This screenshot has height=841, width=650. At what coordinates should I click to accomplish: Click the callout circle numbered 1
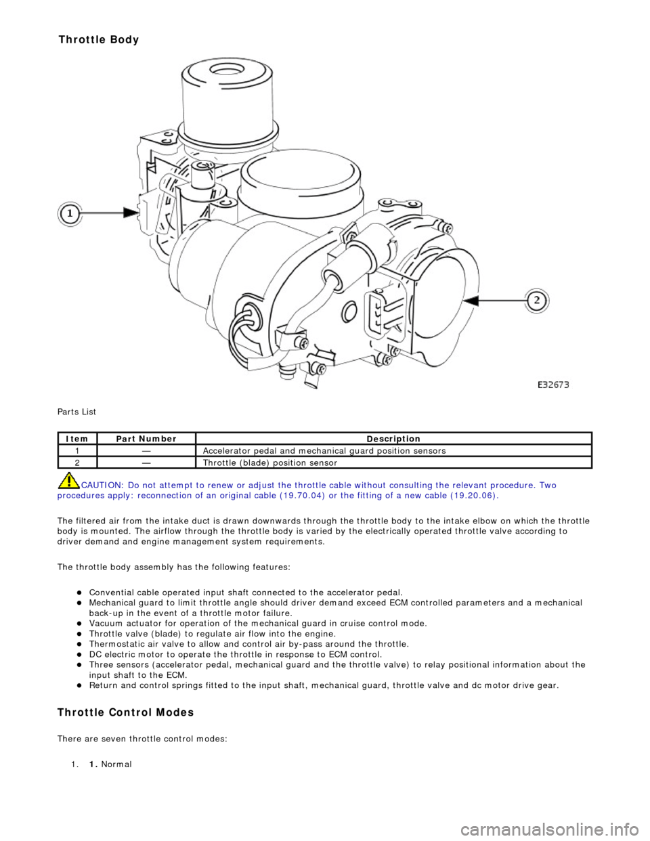pyautogui.click(x=68, y=213)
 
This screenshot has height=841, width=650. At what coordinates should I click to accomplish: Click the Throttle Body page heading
pyautogui.click(x=99, y=39)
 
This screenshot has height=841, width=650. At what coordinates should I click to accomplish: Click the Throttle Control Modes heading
pyautogui.click(x=126, y=712)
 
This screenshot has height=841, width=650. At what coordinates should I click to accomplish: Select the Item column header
pyautogui.click(x=78, y=439)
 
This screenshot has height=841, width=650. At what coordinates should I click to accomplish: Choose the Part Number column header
pyautogui.click(x=146, y=439)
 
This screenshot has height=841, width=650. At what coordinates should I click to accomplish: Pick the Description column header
pyautogui.click(x=393, y=439)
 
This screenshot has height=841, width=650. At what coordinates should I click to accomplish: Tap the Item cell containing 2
pyautogui.click(x=78, y=463)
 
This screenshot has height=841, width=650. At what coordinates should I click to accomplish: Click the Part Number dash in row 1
pyautogui.click(x=146, y=451)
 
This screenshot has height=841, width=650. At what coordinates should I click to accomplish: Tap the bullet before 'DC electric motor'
pyautogui.click(x=80, y=655)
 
